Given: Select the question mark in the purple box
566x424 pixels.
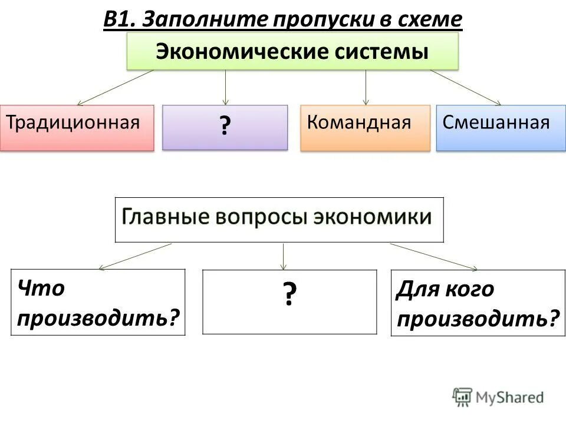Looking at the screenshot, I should [225, 126].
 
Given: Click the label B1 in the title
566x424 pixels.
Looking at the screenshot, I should [120, 19].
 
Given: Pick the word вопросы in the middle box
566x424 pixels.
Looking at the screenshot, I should [258, 217].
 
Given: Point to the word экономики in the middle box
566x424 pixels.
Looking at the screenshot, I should [373, 217].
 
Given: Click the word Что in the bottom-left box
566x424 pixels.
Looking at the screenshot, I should [41, 289].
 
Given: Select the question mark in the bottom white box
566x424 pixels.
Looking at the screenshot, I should [288, 294].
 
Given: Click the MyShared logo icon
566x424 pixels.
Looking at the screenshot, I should [462, 397].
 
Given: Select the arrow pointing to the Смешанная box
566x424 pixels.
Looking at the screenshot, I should [466, 87].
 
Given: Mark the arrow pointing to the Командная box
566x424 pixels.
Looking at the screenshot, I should [366, 87].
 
